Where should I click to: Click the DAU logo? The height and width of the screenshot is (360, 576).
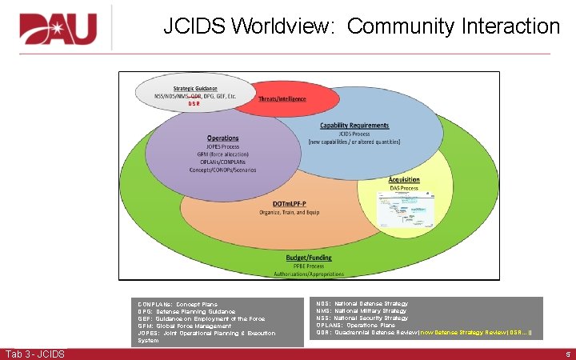tap(58, 29)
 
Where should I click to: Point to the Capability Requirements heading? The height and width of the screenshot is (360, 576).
tap(354, 125)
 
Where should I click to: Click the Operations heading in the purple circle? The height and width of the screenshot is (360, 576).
tap(222, 138)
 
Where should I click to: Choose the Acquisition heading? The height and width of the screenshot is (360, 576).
tap(404, 180)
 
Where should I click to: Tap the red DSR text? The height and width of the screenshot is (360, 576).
tap(194, 104)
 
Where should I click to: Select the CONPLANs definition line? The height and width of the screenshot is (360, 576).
tap(178, 305)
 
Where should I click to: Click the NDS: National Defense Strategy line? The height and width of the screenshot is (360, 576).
tap(362, 304)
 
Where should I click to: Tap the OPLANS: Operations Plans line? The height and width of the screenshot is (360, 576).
tap(356, 326)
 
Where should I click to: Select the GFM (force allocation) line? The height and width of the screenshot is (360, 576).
tap(222, 154)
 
